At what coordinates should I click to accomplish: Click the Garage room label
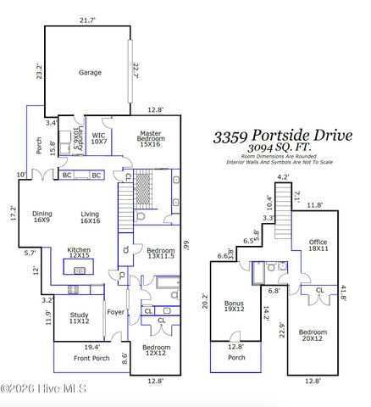coord(90,73)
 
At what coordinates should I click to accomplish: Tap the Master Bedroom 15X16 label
coord(151,137)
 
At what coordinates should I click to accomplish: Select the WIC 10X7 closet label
coord(99,137)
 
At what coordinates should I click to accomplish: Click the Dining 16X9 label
coord(42,218)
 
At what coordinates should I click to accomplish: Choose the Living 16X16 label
coord(90,218)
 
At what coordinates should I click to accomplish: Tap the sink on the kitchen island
coord(80,270)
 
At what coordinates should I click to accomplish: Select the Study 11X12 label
coord(79,319)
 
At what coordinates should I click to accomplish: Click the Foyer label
coord(115,311)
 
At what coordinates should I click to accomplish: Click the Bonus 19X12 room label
coord(234,306)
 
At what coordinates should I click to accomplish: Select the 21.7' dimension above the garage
coord(87,20)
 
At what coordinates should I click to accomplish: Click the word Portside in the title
coord(288,136)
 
